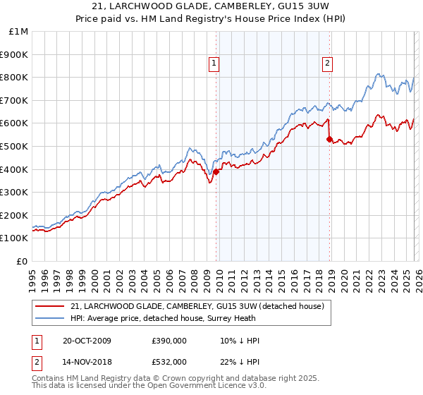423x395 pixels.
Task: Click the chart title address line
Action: pyautogui.click(x=211, y=7)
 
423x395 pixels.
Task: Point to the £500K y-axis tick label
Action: pyautogui.click(x=16, y=147)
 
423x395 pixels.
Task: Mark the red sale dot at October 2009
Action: pyautogui.click(x=216, y=171)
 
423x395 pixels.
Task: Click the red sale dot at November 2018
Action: pyautogui.click(x=329, y=139)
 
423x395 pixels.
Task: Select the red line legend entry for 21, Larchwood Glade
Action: pyautogui.click(x=197, y=306)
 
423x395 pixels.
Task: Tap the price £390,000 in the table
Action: pyautogui.click(x=169, y=341)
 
